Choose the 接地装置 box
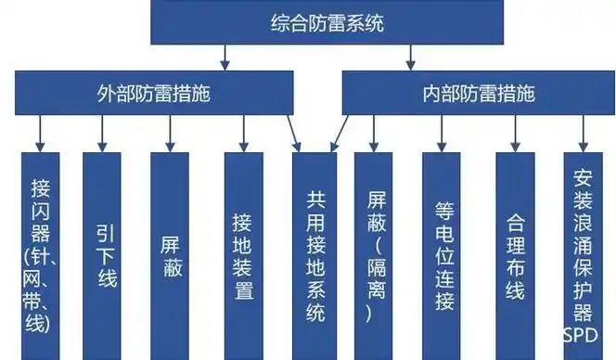click(243, 255)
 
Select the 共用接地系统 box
click(314, 255)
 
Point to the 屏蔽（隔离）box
click(373, 255)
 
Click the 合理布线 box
click(515, 255)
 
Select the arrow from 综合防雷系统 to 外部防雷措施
click(225, 58)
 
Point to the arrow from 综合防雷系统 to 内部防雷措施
click(409, 58)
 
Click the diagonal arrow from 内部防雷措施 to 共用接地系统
click(340, 130)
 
